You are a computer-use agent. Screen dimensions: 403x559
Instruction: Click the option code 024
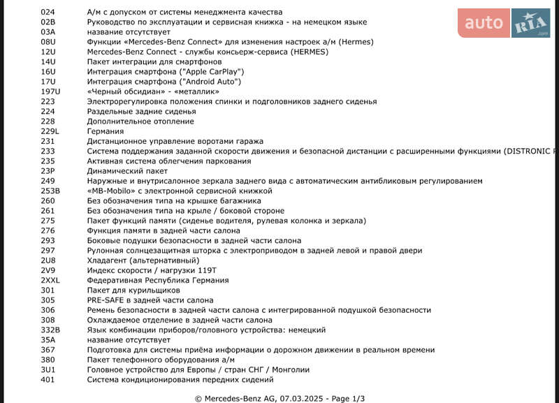pyautogui.click(x=48, y=13)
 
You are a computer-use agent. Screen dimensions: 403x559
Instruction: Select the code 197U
pyautogui.click(x=51, y=91)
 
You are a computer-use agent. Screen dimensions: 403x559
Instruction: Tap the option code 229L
pyautogui.click(x=50, y=131)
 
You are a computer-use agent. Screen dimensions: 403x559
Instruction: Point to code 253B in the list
pyautogui.click(x=50, y=191)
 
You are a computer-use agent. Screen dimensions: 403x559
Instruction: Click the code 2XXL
pyautogui.click(x=51, y=280)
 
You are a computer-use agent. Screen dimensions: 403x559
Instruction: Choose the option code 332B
pyautogui.click(x=50, y=330)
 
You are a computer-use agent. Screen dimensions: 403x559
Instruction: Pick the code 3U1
pyautogui.click(x=48, y=369)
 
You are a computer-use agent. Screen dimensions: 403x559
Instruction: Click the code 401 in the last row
pyautogui.click(x=48, y=379)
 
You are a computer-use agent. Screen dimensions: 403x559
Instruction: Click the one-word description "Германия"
pyautogui.click(x=106, y=131)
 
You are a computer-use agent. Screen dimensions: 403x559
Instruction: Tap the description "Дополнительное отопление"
pyautogui.click(x=140, y=122)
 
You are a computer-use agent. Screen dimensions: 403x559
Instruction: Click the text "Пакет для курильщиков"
pyautogui.click(x=133, y=290)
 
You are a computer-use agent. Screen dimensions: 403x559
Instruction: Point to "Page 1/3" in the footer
pyautogui.click(x=348, y=399)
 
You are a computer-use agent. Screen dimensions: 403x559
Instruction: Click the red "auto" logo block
pyautogui.click(x=484, y=24)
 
